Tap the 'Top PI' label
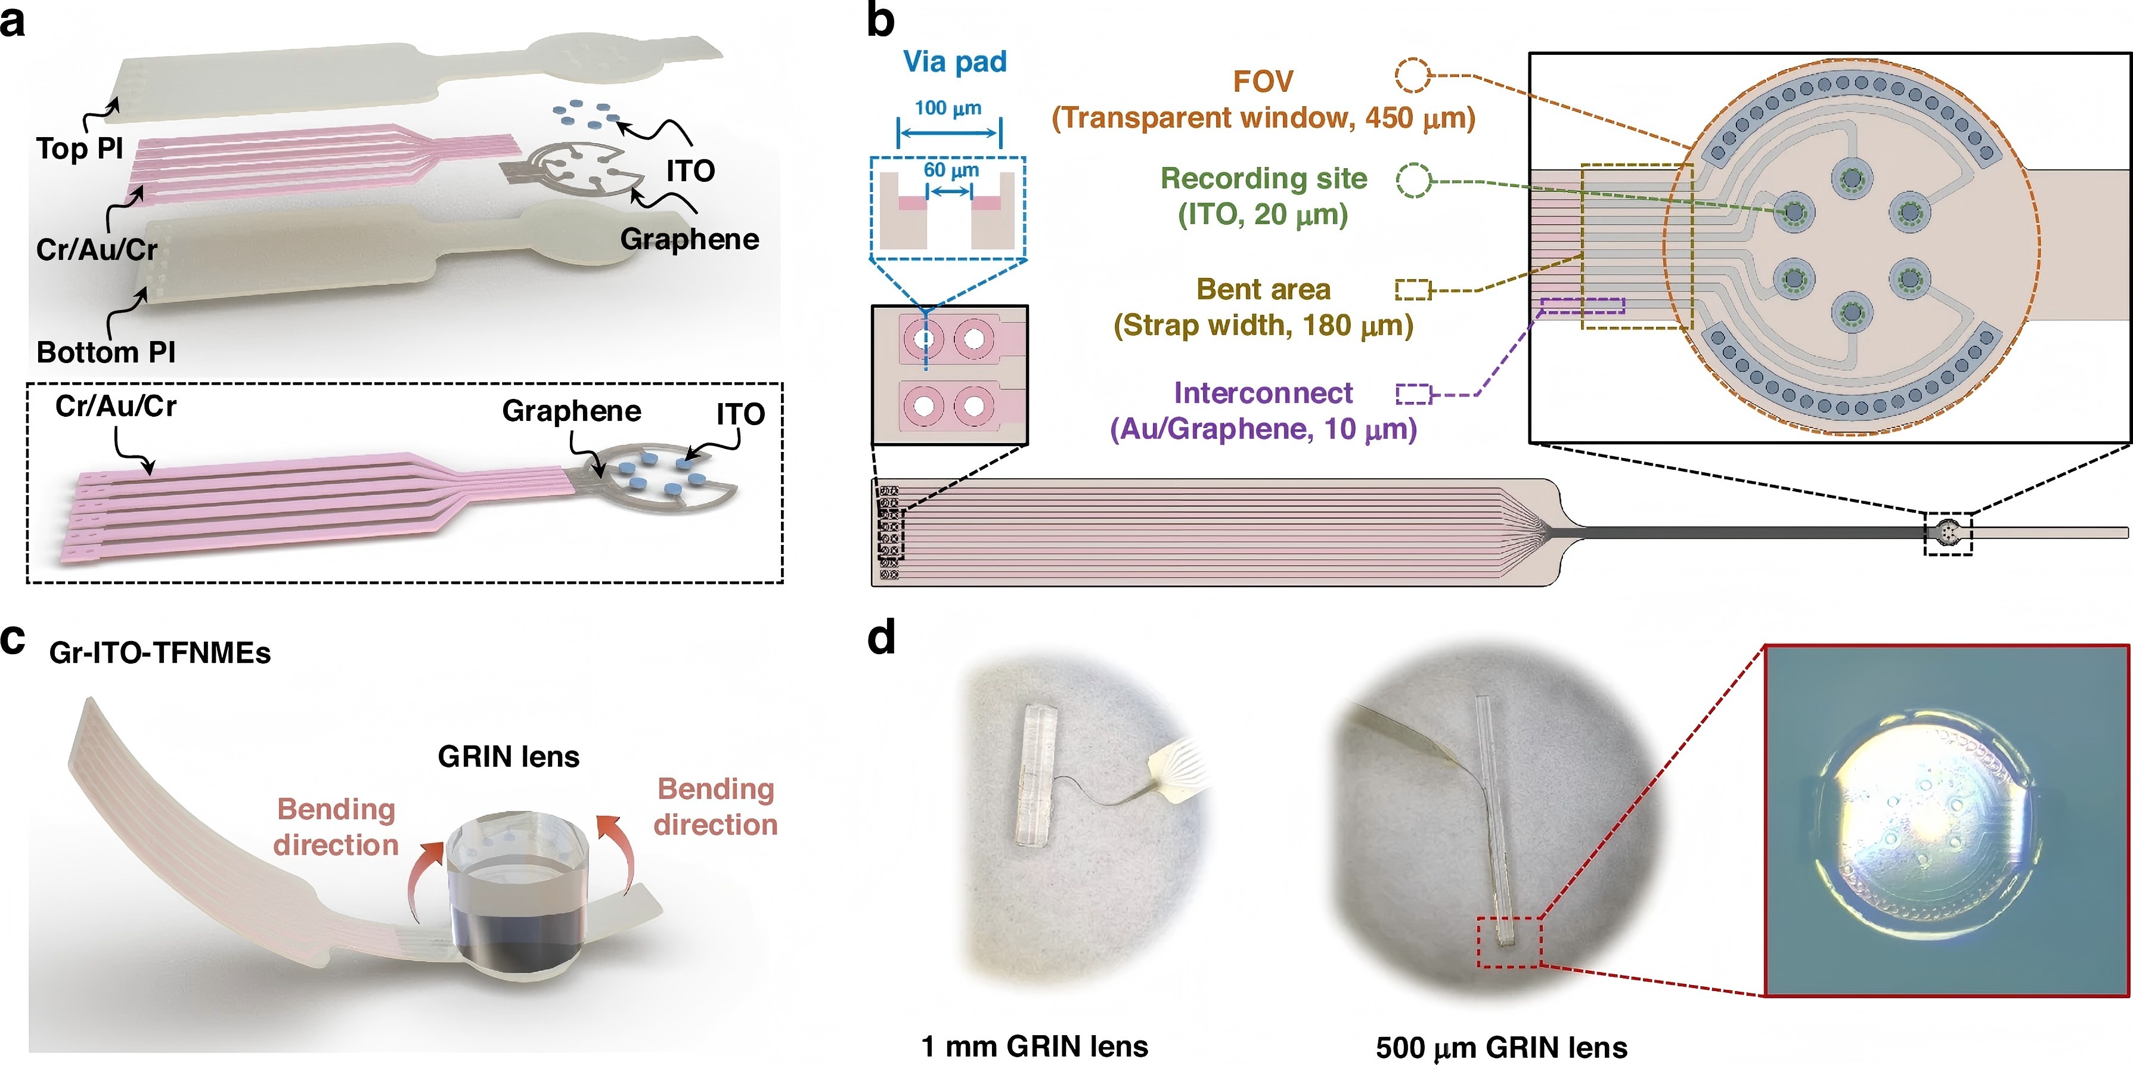point(79,148)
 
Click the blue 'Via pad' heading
point(954,61)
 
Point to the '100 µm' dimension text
point(948,108)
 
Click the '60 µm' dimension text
point(951,170)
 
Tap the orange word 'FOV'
point(1263,81)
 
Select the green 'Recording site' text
point(1264,178)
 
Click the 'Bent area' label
point(1264,289)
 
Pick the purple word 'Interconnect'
point(1264,392)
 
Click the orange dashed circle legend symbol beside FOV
point(1413,75)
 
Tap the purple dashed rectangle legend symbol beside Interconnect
point(1413,394)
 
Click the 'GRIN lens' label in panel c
point(509,756)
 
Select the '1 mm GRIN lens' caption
point(1034,1046)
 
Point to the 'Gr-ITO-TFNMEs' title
point(160,652)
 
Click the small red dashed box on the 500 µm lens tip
point(1509,942)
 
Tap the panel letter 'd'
point(882,637)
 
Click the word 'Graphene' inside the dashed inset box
point(571,411)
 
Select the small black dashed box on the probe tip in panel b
point(1948,533)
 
